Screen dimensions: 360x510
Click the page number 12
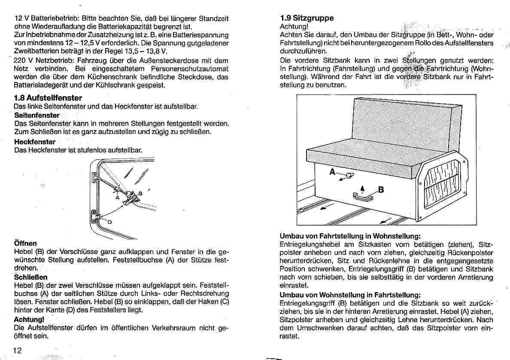[x=18, y=350]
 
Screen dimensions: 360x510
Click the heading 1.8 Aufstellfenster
[x=48, y=98]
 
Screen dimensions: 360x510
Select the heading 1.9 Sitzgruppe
[x=307, y=18]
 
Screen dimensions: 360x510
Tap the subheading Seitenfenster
[x=37, y=115]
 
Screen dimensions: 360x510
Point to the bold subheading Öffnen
[x=26, y=243]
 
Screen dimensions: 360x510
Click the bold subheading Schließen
[x=31, y=277]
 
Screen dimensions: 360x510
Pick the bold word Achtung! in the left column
[x=29, y=320]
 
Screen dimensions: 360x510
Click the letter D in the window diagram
[x=109, y=222]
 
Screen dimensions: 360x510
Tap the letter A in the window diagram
[x=117, y=198]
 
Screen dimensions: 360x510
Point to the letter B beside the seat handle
[x=380, y=189]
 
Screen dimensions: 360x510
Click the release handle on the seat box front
[x=361, y=197]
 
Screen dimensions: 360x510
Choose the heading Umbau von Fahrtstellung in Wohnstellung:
[x=350, y=236]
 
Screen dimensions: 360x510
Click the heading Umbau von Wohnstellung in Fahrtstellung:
[x=350, y=295]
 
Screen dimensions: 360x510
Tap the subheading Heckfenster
[x=35, y=141]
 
